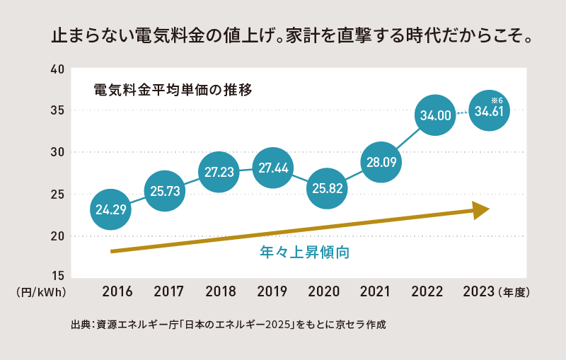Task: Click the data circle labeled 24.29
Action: tap(111, 209)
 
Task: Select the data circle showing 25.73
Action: tap(165, 190)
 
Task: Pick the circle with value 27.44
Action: tap(272, 168)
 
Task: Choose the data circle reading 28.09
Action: tap(381, 163)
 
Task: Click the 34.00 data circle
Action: tap(435, 115)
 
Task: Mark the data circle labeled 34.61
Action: tap(489, 111)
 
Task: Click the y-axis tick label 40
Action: tap(57, 69)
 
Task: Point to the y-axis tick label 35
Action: tap(57, 111)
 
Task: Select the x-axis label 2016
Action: tap(117, 291)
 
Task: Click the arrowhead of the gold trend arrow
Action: tap(480, 209)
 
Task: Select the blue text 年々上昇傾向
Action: tap(306, 252)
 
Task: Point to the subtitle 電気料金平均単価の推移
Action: tap(173, 91)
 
